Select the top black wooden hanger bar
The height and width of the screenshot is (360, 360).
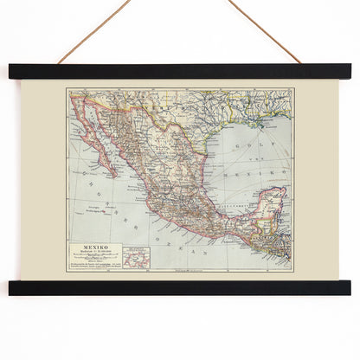179,71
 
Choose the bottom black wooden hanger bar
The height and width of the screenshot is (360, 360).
179,288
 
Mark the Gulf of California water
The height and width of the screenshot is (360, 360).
111,147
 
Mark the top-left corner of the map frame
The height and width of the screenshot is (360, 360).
67,88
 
